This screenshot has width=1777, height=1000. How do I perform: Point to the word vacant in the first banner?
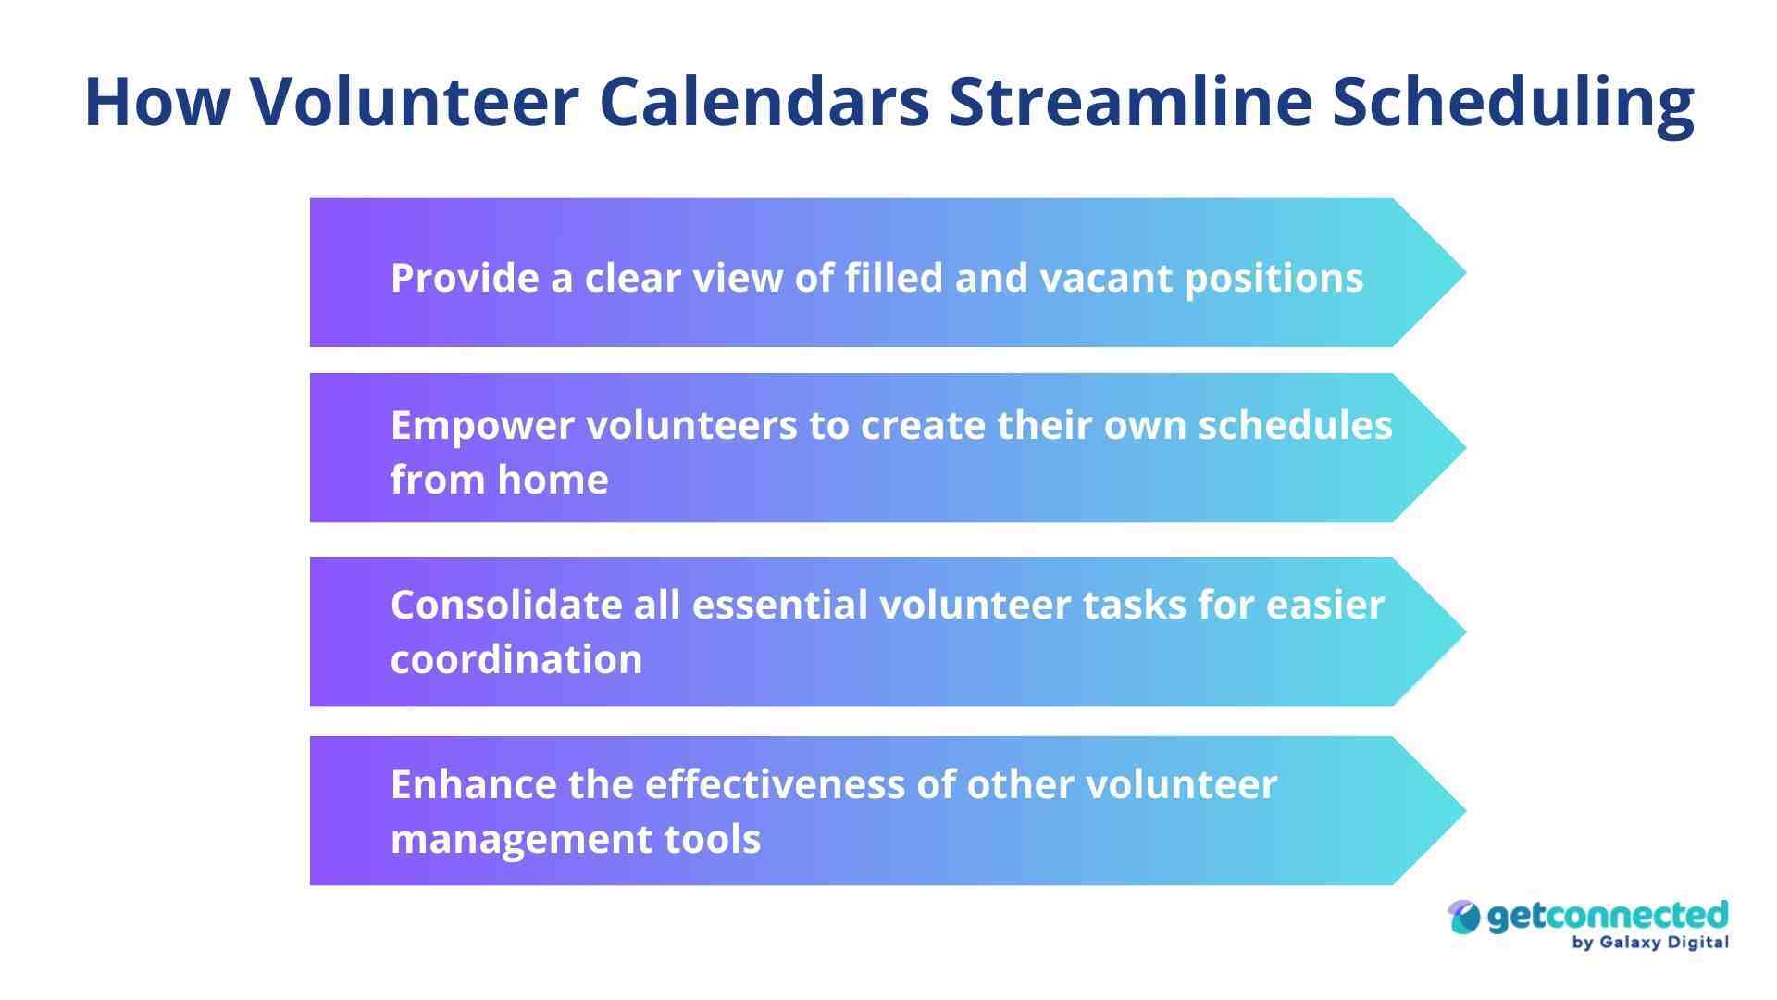click(x=1106, y=278)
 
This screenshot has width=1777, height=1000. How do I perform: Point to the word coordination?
click(x=516, y=659)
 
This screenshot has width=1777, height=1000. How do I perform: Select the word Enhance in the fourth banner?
click(x=473, y=784)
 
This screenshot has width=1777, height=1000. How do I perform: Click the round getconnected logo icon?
click(x=1464, y=918)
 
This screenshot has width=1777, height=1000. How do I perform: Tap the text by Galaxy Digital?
click(x=1649, y=943)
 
